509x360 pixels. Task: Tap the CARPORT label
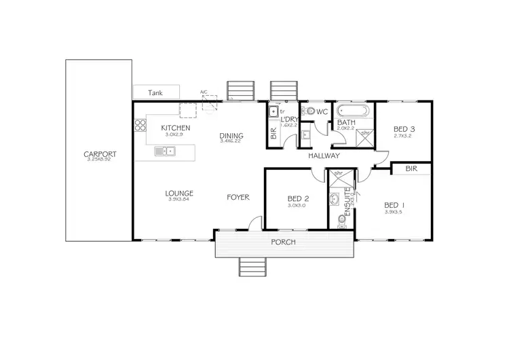click(98, 154)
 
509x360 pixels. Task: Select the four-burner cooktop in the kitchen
click(140, 125)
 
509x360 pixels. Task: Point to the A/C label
click(203, 92)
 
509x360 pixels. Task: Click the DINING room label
click(231, 137)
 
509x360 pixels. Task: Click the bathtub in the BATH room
click(351, 111)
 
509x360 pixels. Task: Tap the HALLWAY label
click(323, 156)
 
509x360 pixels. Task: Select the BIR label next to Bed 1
click(411, 168)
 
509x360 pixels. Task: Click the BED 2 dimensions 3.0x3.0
click(298, 205)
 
